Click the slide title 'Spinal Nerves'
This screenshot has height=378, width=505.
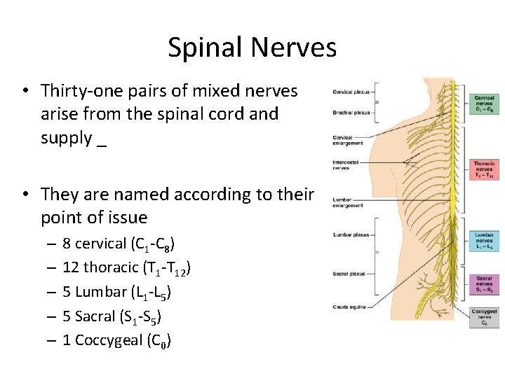coord(252,48)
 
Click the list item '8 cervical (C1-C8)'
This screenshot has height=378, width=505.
coord(119,244)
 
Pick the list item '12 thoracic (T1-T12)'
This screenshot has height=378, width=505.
coord(127,267)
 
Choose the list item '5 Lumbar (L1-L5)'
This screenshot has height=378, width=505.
coord(116,292)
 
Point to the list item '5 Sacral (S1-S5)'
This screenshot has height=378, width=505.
coord(112,316)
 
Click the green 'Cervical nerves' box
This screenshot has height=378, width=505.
coord(484,104)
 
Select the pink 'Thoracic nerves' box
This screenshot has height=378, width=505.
coord(484,169)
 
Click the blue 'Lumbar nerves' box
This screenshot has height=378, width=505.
coord(484,240)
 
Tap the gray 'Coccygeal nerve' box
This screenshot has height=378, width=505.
coord(484,317)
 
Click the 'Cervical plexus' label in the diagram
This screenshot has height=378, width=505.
coord(351,91)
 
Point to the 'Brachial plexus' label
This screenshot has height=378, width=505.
coord(351,112)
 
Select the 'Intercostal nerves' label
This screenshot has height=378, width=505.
coord(346,165)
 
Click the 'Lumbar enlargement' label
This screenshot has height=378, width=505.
coord(348,203)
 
